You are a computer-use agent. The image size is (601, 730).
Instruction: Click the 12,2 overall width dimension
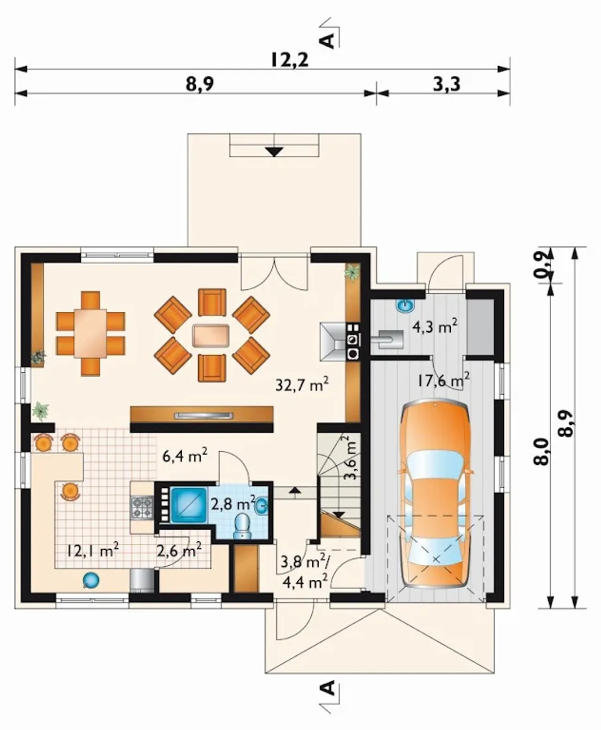click(x=289, y=60)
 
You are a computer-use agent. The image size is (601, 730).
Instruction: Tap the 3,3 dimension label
click(x=447, y=84)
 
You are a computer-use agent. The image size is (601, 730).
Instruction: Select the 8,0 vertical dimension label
click(x=543, y=451)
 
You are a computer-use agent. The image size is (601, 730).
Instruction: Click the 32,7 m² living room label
click(x=302, y=384)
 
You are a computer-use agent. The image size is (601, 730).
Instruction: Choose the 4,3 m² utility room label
click(x=434, y=326)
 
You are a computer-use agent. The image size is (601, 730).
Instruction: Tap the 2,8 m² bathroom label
click(x=233, y=503)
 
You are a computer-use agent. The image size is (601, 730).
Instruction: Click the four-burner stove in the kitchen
click(x=142, y=507)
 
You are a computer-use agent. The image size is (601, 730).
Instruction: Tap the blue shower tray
click(x=187, y=504)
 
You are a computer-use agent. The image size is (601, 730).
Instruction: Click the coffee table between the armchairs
click(x=211, y=336)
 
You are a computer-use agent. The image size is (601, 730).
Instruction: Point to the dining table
click(x=90, y=333)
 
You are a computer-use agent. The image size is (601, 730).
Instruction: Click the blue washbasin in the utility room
click(x=405, y=306)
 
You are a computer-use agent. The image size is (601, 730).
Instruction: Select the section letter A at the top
click(x=327, y=41)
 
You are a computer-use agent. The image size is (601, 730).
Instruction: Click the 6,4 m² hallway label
click(x=185, y=457)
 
